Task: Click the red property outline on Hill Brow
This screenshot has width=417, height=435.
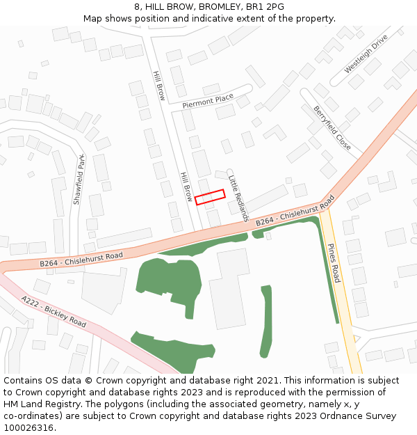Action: [x=210, y=197]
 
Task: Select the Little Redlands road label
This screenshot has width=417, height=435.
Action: [x=238, y=198]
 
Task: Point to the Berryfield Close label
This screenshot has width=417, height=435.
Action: [x=332, y=128]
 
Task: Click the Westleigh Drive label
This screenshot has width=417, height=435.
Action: [x=366, y=55]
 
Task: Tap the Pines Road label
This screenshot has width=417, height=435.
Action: [x=335, y=263]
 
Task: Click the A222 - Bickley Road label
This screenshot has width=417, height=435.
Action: [x=54, y=313]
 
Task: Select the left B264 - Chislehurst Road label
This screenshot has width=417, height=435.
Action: [x=81, y=260]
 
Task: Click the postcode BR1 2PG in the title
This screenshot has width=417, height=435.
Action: [x=265, y=6]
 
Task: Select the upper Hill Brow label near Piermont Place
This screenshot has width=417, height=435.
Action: [x=158, y=86]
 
